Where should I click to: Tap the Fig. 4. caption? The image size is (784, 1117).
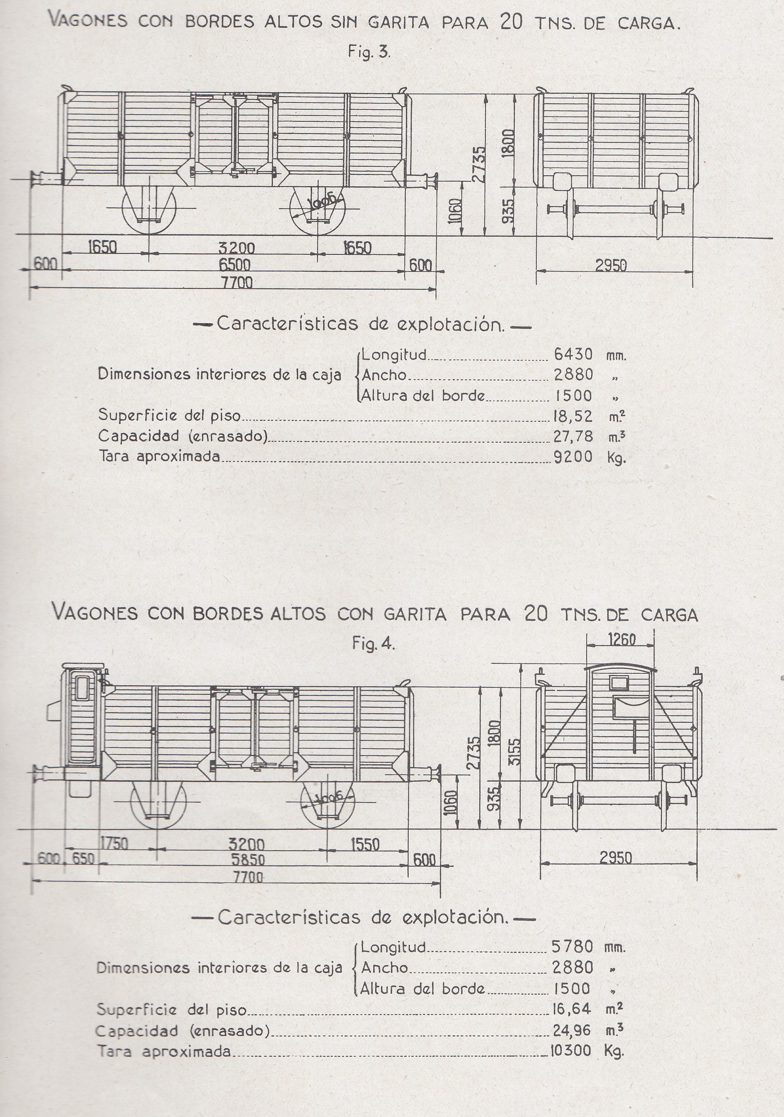pos(374,644)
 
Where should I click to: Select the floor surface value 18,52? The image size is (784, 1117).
pos(573,416)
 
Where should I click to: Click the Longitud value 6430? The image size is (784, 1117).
pos(573,354)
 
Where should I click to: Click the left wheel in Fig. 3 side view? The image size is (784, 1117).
pos(147,209)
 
